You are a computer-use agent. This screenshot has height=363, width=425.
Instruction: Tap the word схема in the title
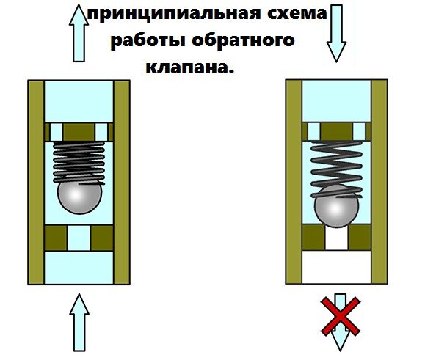pos(297,13)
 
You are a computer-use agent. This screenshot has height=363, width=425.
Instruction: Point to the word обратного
pos(243,40)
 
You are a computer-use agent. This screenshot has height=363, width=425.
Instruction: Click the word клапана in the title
pos(189,67)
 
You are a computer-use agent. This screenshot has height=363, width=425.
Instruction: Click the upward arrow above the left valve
pos(79,33)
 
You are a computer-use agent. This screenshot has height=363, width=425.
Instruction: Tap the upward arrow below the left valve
pos(79,323)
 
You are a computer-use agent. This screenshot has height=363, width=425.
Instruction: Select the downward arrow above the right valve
pos(336,33)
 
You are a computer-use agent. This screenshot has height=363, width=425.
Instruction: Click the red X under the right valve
pos(341,317)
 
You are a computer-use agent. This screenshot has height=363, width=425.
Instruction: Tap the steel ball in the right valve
pos(337,206)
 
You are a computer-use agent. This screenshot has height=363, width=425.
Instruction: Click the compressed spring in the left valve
pos(79,163)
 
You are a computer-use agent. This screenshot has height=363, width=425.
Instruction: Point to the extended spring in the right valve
pos(337,169)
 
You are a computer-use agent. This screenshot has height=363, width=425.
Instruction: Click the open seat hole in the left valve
pos(79,238)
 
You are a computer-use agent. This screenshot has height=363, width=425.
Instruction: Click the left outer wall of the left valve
pos(36,182)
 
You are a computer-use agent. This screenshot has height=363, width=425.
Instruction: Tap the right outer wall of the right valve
pos(379,182)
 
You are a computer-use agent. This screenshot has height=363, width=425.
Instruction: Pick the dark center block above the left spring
pos(79,132)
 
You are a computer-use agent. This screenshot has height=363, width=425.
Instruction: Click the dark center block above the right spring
pos(336,131)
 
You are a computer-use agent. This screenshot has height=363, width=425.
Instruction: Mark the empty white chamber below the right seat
pos(336,267)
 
